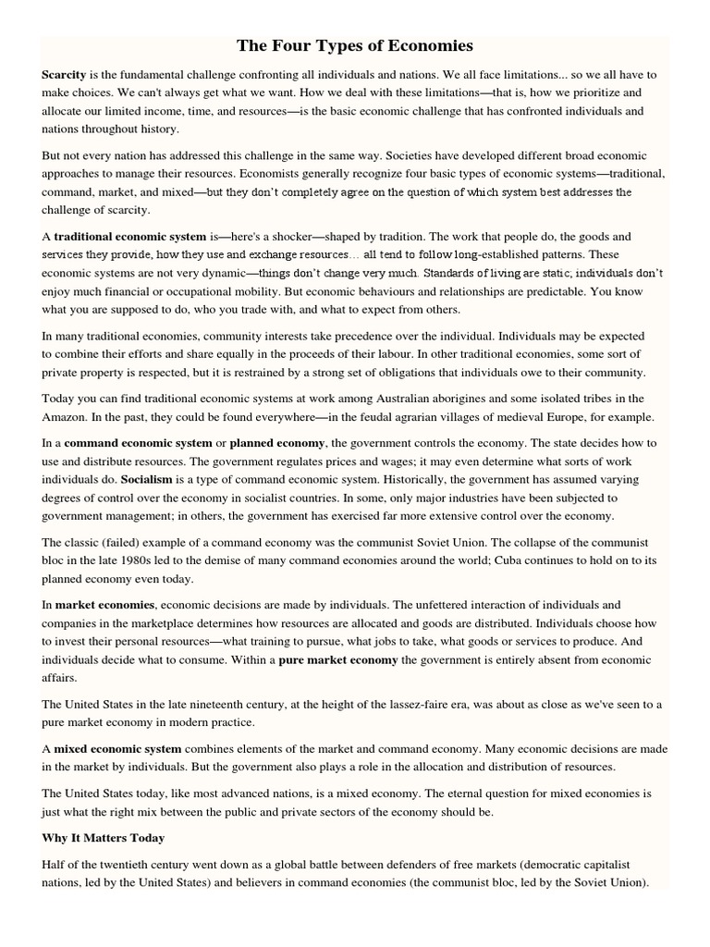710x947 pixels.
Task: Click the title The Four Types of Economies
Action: click(x=355, y=45)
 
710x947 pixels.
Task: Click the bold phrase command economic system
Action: click(x=138, y=443)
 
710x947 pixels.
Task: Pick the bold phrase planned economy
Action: click(x=277, y=443)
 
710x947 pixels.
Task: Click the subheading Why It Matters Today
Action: click(x=104, y=838)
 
